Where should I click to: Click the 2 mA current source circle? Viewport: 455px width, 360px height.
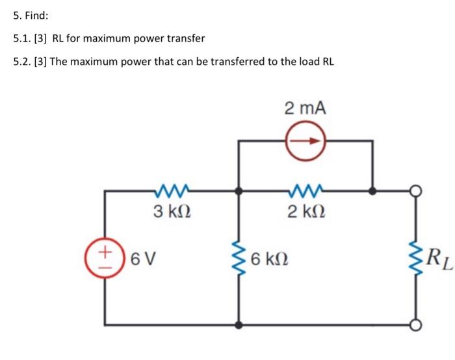(305, 140)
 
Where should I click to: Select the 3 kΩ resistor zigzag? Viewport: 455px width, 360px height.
(172, 190)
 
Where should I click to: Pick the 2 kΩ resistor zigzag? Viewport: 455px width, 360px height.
(305, 190)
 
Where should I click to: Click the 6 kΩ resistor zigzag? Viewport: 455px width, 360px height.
(239, 259)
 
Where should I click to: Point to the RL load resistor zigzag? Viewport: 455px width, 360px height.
(416, 259)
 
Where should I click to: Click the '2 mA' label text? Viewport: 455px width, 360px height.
(305, 108)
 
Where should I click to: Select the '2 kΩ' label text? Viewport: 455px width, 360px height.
(305, 211)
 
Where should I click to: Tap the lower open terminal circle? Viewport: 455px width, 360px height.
(416, 325)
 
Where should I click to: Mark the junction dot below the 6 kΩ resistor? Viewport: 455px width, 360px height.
(239, 325)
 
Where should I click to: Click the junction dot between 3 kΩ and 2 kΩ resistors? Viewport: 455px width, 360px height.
(239, 192)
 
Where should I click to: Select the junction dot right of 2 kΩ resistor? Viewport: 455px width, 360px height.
(372, 192)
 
